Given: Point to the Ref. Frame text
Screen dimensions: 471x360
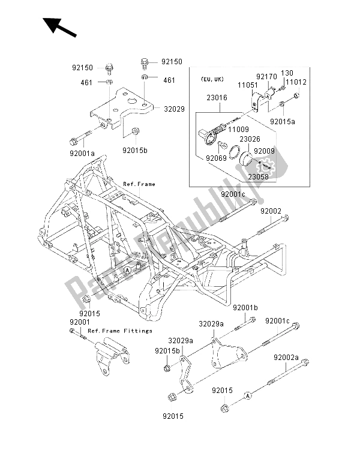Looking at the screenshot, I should click(139, 184).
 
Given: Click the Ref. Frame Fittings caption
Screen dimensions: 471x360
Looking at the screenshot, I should click(121, 331).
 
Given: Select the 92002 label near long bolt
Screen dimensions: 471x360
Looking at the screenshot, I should click(271, 211).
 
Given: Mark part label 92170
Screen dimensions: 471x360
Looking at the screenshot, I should click(267, 77).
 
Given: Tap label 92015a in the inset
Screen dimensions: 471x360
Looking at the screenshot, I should click(283, 121).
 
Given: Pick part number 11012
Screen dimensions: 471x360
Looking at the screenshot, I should click(295, 82).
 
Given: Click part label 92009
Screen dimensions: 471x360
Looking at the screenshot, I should click(264, 151).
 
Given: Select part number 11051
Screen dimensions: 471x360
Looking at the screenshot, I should click(250, 86).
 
